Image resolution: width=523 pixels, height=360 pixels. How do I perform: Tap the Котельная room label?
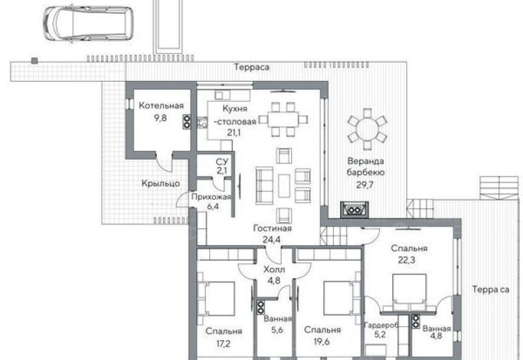pos(161,106)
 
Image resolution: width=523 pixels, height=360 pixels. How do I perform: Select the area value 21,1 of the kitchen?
pos(234,133)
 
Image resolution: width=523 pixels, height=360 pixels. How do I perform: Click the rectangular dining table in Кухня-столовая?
pos(284,120)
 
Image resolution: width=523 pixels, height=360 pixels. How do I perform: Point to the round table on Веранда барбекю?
pos(367,129)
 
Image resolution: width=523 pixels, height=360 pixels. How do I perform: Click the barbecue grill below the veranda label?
pos(354,209)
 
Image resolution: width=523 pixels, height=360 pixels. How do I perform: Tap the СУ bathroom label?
pos(222,162)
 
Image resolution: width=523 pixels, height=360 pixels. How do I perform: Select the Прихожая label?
pos(211,197)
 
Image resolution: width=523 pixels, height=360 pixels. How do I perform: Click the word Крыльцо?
pos(161,183)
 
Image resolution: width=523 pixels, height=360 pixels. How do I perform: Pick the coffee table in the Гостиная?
pos(284,185)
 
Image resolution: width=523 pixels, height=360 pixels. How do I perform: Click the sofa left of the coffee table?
pos(264,185)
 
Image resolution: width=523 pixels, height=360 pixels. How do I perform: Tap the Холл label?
pos(274,269)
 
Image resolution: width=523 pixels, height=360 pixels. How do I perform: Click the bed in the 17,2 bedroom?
pos(217,298)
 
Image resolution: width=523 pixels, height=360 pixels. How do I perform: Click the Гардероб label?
pos(381,325)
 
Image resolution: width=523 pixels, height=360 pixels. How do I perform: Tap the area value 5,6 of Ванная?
pos(277,330)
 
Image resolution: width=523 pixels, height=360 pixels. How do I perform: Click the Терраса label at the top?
pos(252,67)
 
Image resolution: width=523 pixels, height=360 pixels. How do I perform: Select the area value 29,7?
pos(365,185)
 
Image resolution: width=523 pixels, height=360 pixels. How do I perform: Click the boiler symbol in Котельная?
pos(186,122)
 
